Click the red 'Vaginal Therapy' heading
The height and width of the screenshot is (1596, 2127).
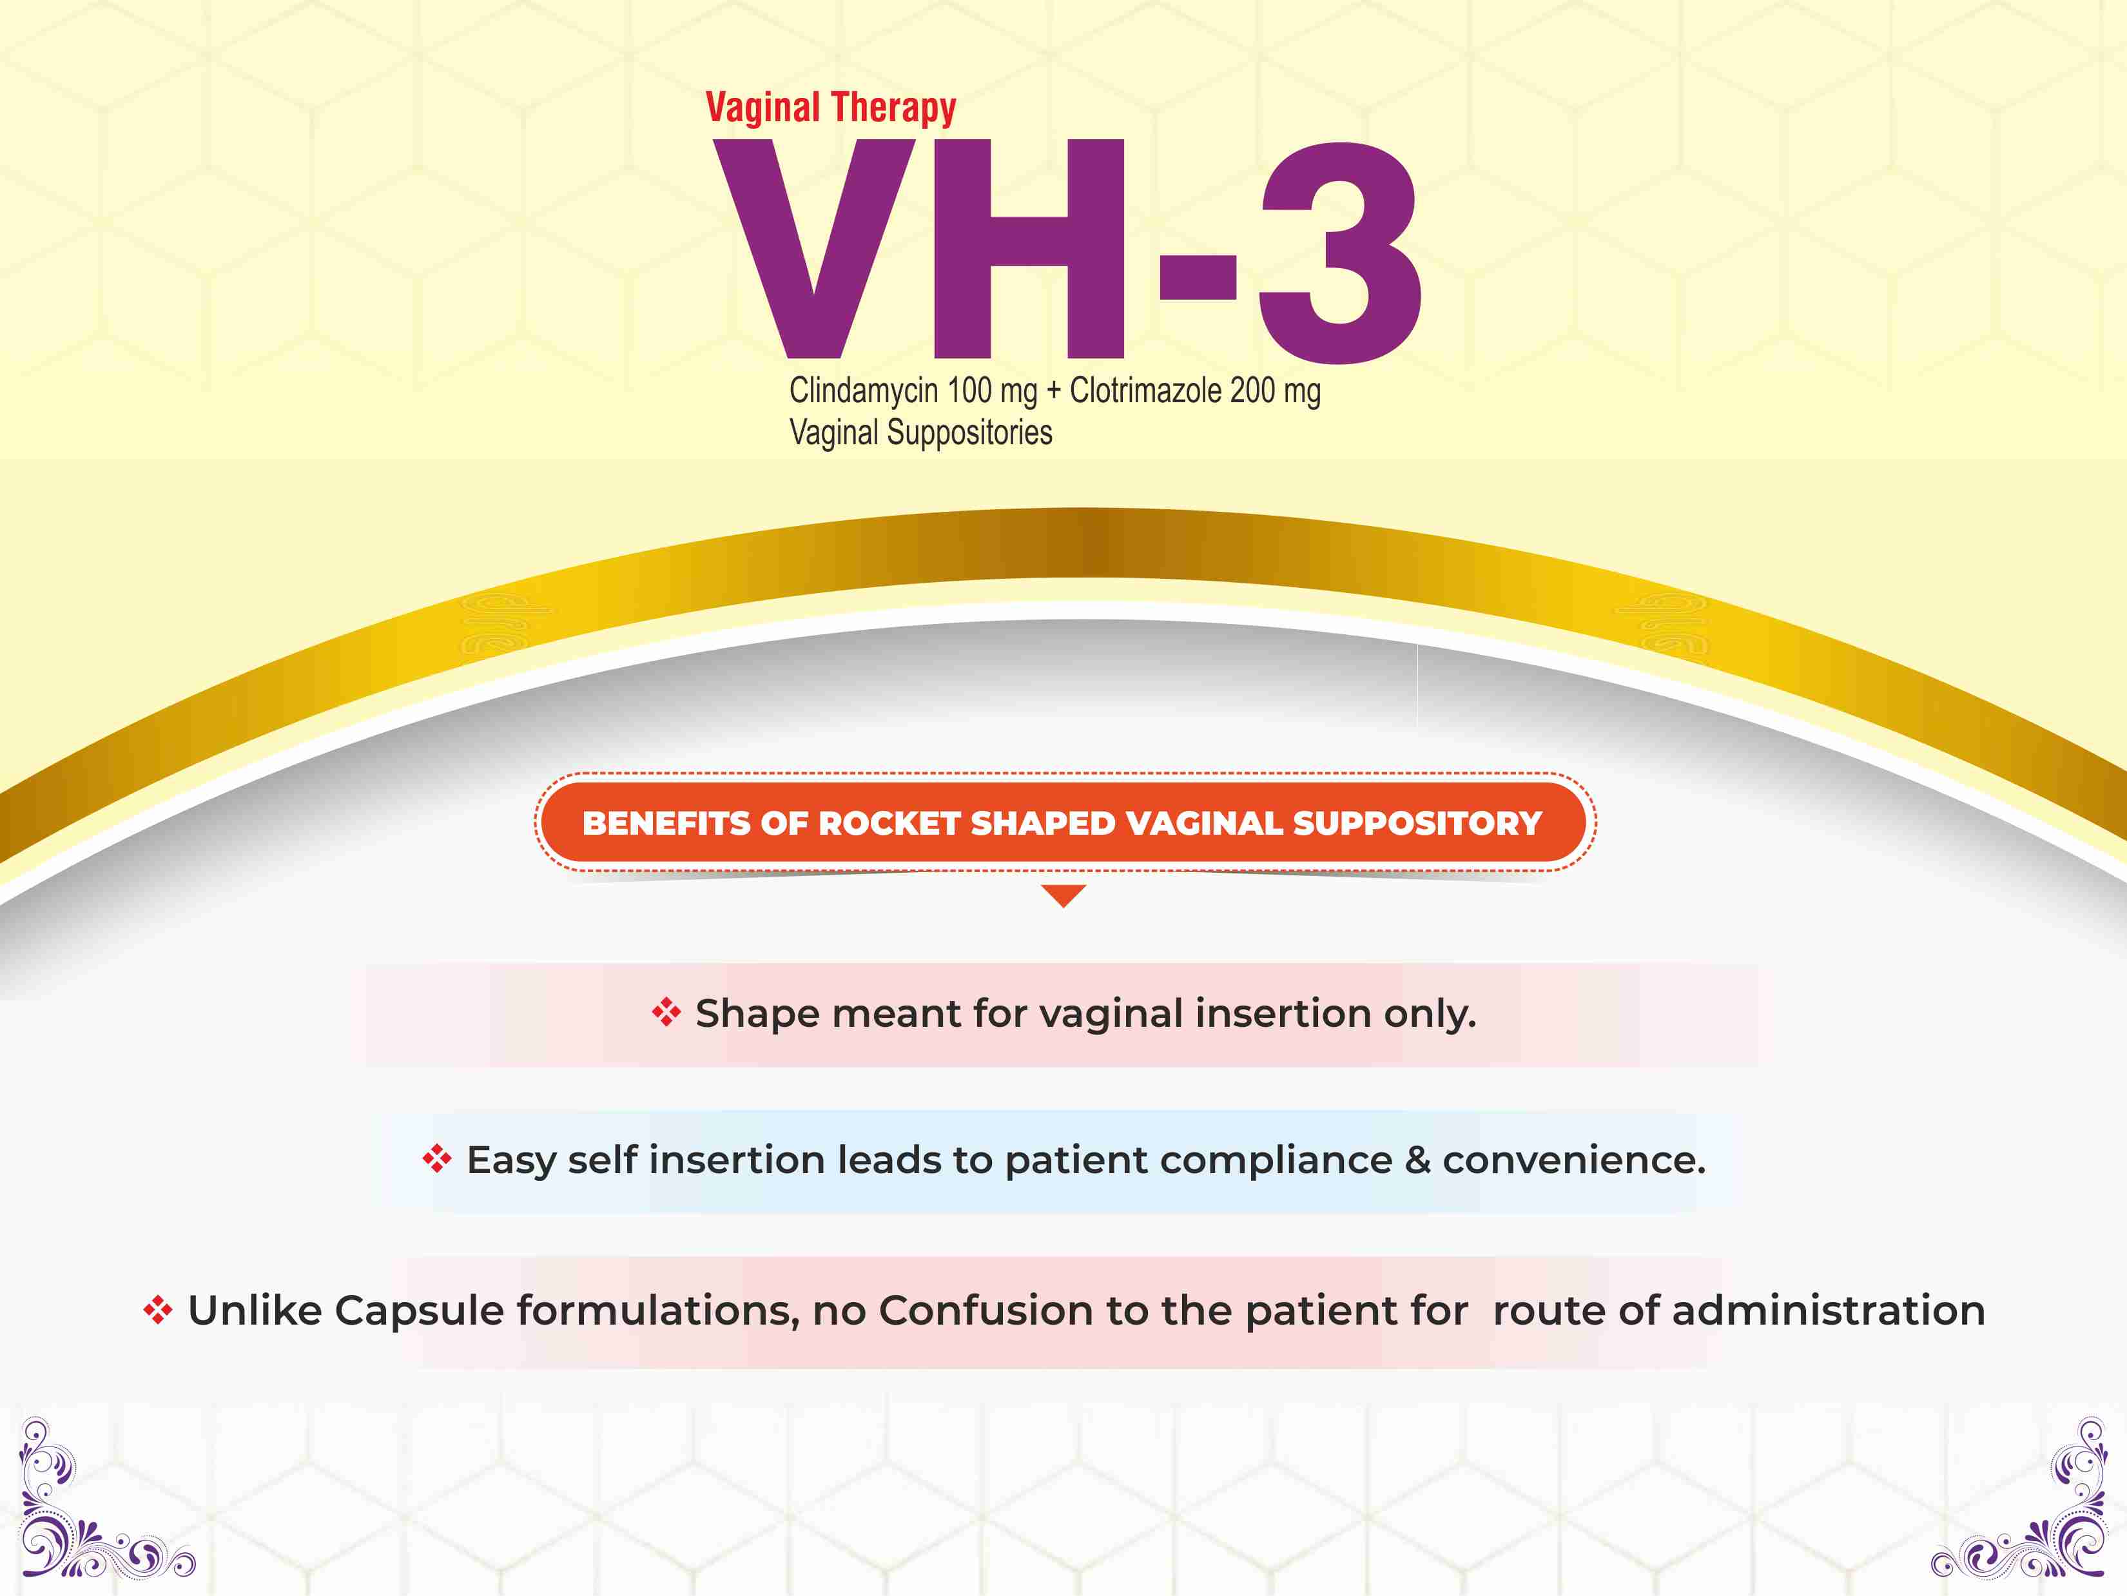(x=831, y=108)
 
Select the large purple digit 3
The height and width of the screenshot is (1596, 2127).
(x=1339, y=252)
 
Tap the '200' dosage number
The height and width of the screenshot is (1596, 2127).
(x=1253, y=391)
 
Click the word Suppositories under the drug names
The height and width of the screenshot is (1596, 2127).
(x=969, y=434)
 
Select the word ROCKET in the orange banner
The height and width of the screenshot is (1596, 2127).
(x=888, y=824)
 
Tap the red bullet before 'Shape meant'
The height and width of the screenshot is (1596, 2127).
(x=666, y=1013)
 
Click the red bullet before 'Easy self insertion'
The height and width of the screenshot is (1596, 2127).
(x=436, y=1158)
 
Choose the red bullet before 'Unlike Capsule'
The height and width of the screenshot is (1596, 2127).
(x=158, y=1310)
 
